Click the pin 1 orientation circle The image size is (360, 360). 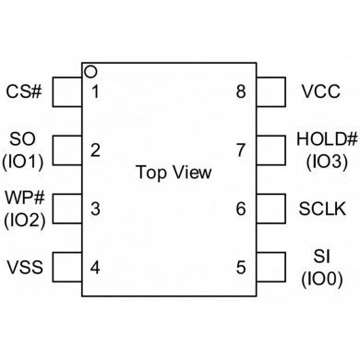coord(90,71)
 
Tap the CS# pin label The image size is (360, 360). coord(24,91)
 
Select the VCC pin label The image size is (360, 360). coord(321,91)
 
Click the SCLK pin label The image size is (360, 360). coord(322,210)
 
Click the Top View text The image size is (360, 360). coord(173,173)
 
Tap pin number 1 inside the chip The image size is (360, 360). coord(96,91)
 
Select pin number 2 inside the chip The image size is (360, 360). coord(96,150)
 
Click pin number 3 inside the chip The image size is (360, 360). coord(96,210)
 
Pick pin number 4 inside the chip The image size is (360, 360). coord(96,268)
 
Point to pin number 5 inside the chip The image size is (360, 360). coord(241,268)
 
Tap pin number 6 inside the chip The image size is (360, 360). coord(241,210)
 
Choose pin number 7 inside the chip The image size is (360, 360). coord(241,150)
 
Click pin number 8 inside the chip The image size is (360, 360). coord(241,91)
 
